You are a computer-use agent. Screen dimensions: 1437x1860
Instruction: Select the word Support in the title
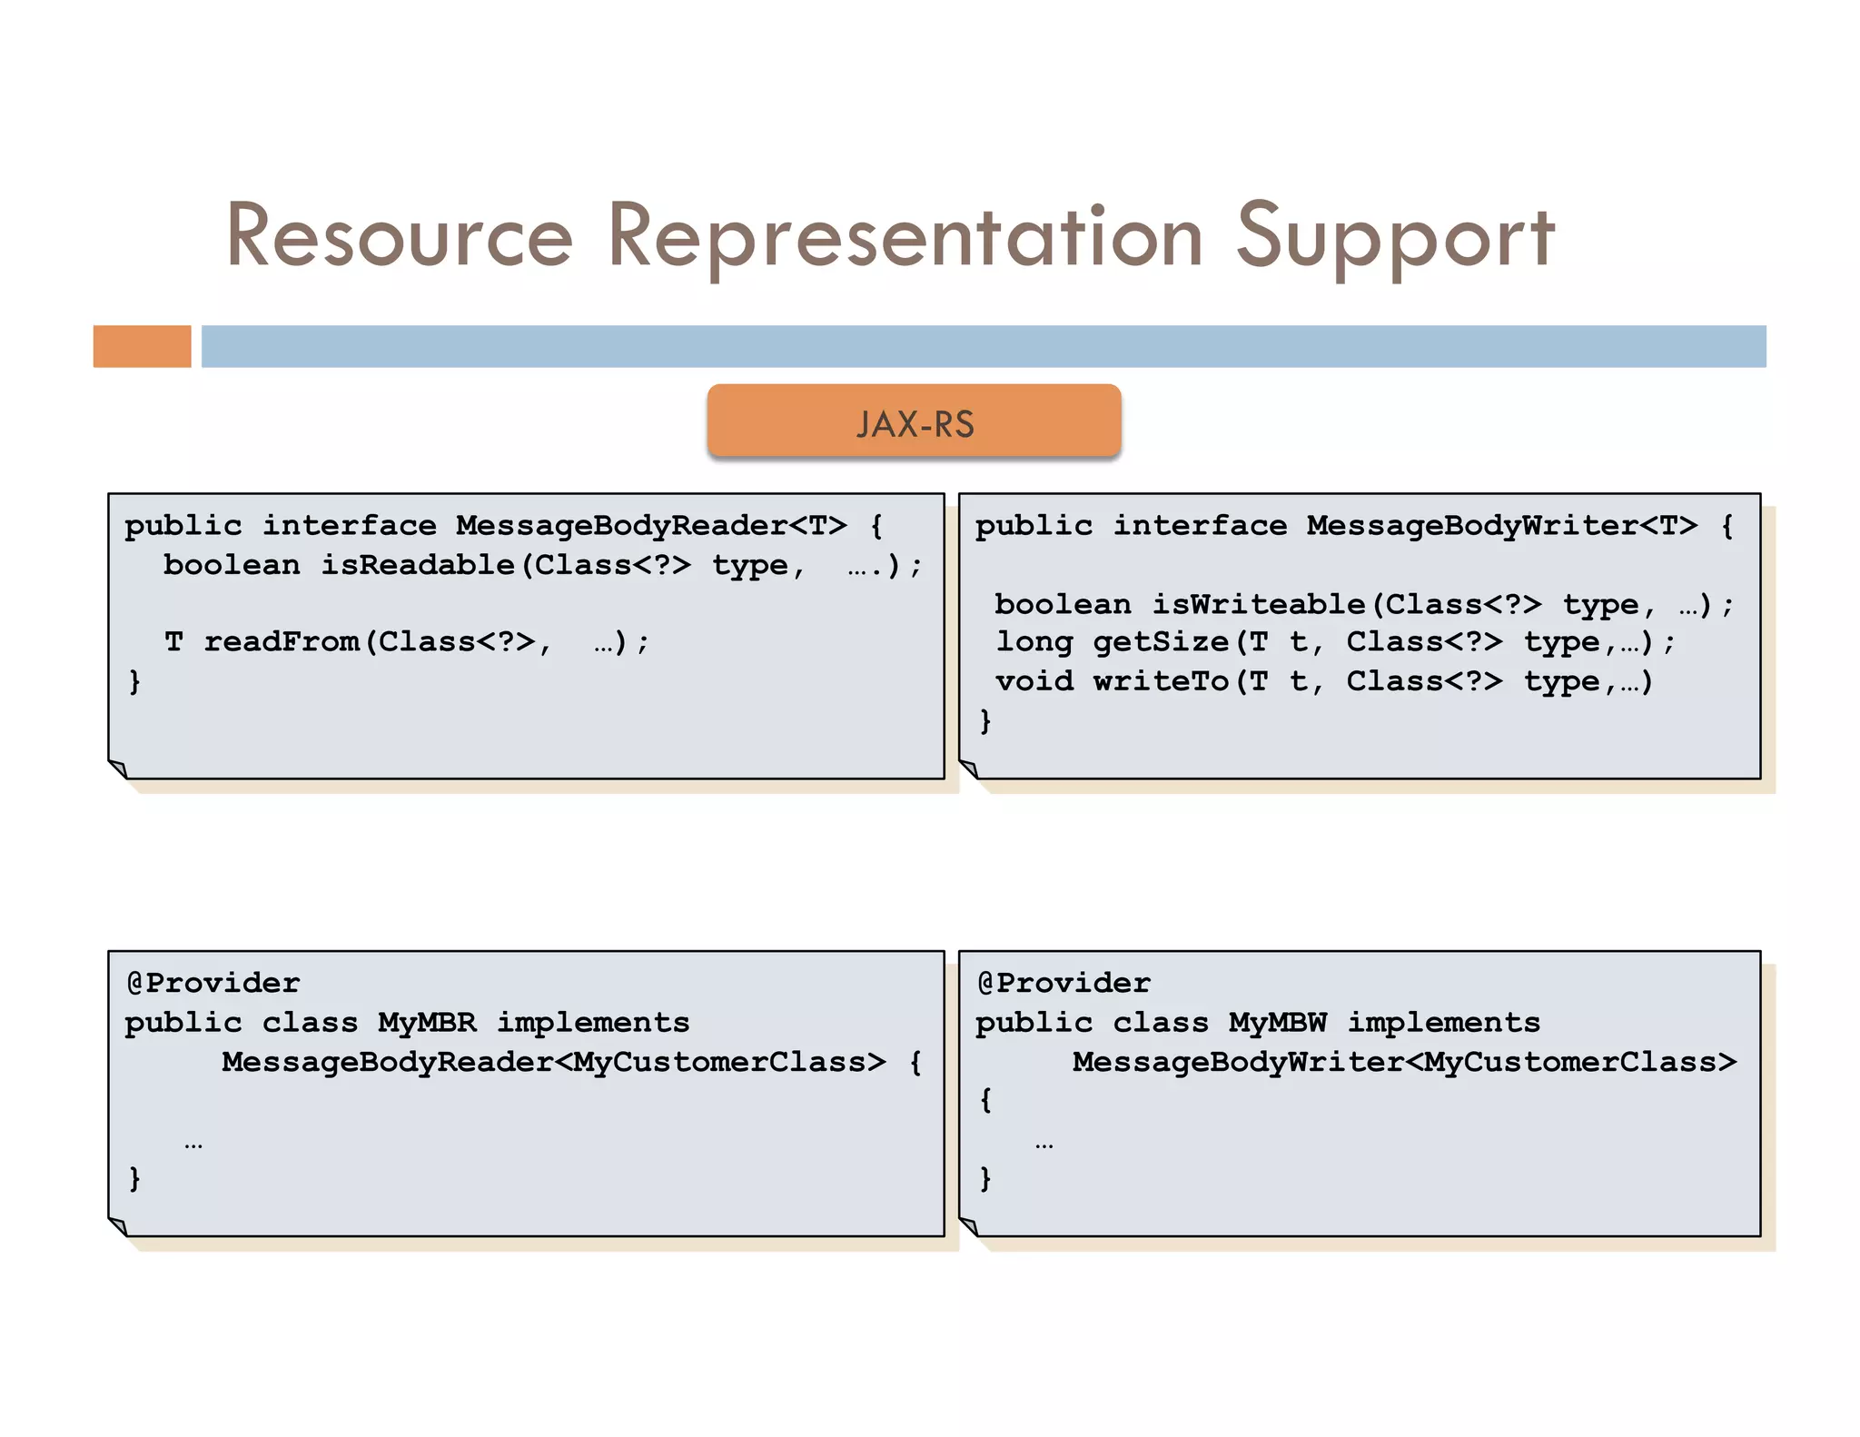(1395, 238)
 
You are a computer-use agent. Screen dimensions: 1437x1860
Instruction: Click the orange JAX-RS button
(914, 421)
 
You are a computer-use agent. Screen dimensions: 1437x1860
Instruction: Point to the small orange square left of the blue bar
(142, 346)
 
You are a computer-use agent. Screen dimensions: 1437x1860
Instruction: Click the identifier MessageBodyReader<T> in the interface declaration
(651, 526)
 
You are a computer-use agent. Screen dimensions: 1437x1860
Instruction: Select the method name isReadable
(418, 565)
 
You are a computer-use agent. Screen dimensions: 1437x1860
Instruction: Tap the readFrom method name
(282, 642)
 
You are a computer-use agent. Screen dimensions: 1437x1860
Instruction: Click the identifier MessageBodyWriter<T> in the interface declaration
(1502, 526)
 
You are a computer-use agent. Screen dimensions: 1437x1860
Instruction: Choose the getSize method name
(1161, 642)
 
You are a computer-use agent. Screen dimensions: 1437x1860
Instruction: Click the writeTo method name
(1161, 681)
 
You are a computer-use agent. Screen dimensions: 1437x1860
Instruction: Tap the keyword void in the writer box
(1034, 681)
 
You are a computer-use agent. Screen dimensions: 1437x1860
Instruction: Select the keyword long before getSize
(1034, 642)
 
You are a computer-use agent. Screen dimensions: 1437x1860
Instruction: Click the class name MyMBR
(427, 1023)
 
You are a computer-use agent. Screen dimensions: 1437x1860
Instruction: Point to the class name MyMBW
(1278, 1023)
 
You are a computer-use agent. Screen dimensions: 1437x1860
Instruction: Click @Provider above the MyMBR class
(213, 983)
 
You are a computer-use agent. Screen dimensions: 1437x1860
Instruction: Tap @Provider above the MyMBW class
(1064, 983)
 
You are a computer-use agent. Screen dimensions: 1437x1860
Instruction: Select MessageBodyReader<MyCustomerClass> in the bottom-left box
(553, 1062)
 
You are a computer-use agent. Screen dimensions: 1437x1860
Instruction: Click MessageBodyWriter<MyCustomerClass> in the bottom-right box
(1404, 1062)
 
